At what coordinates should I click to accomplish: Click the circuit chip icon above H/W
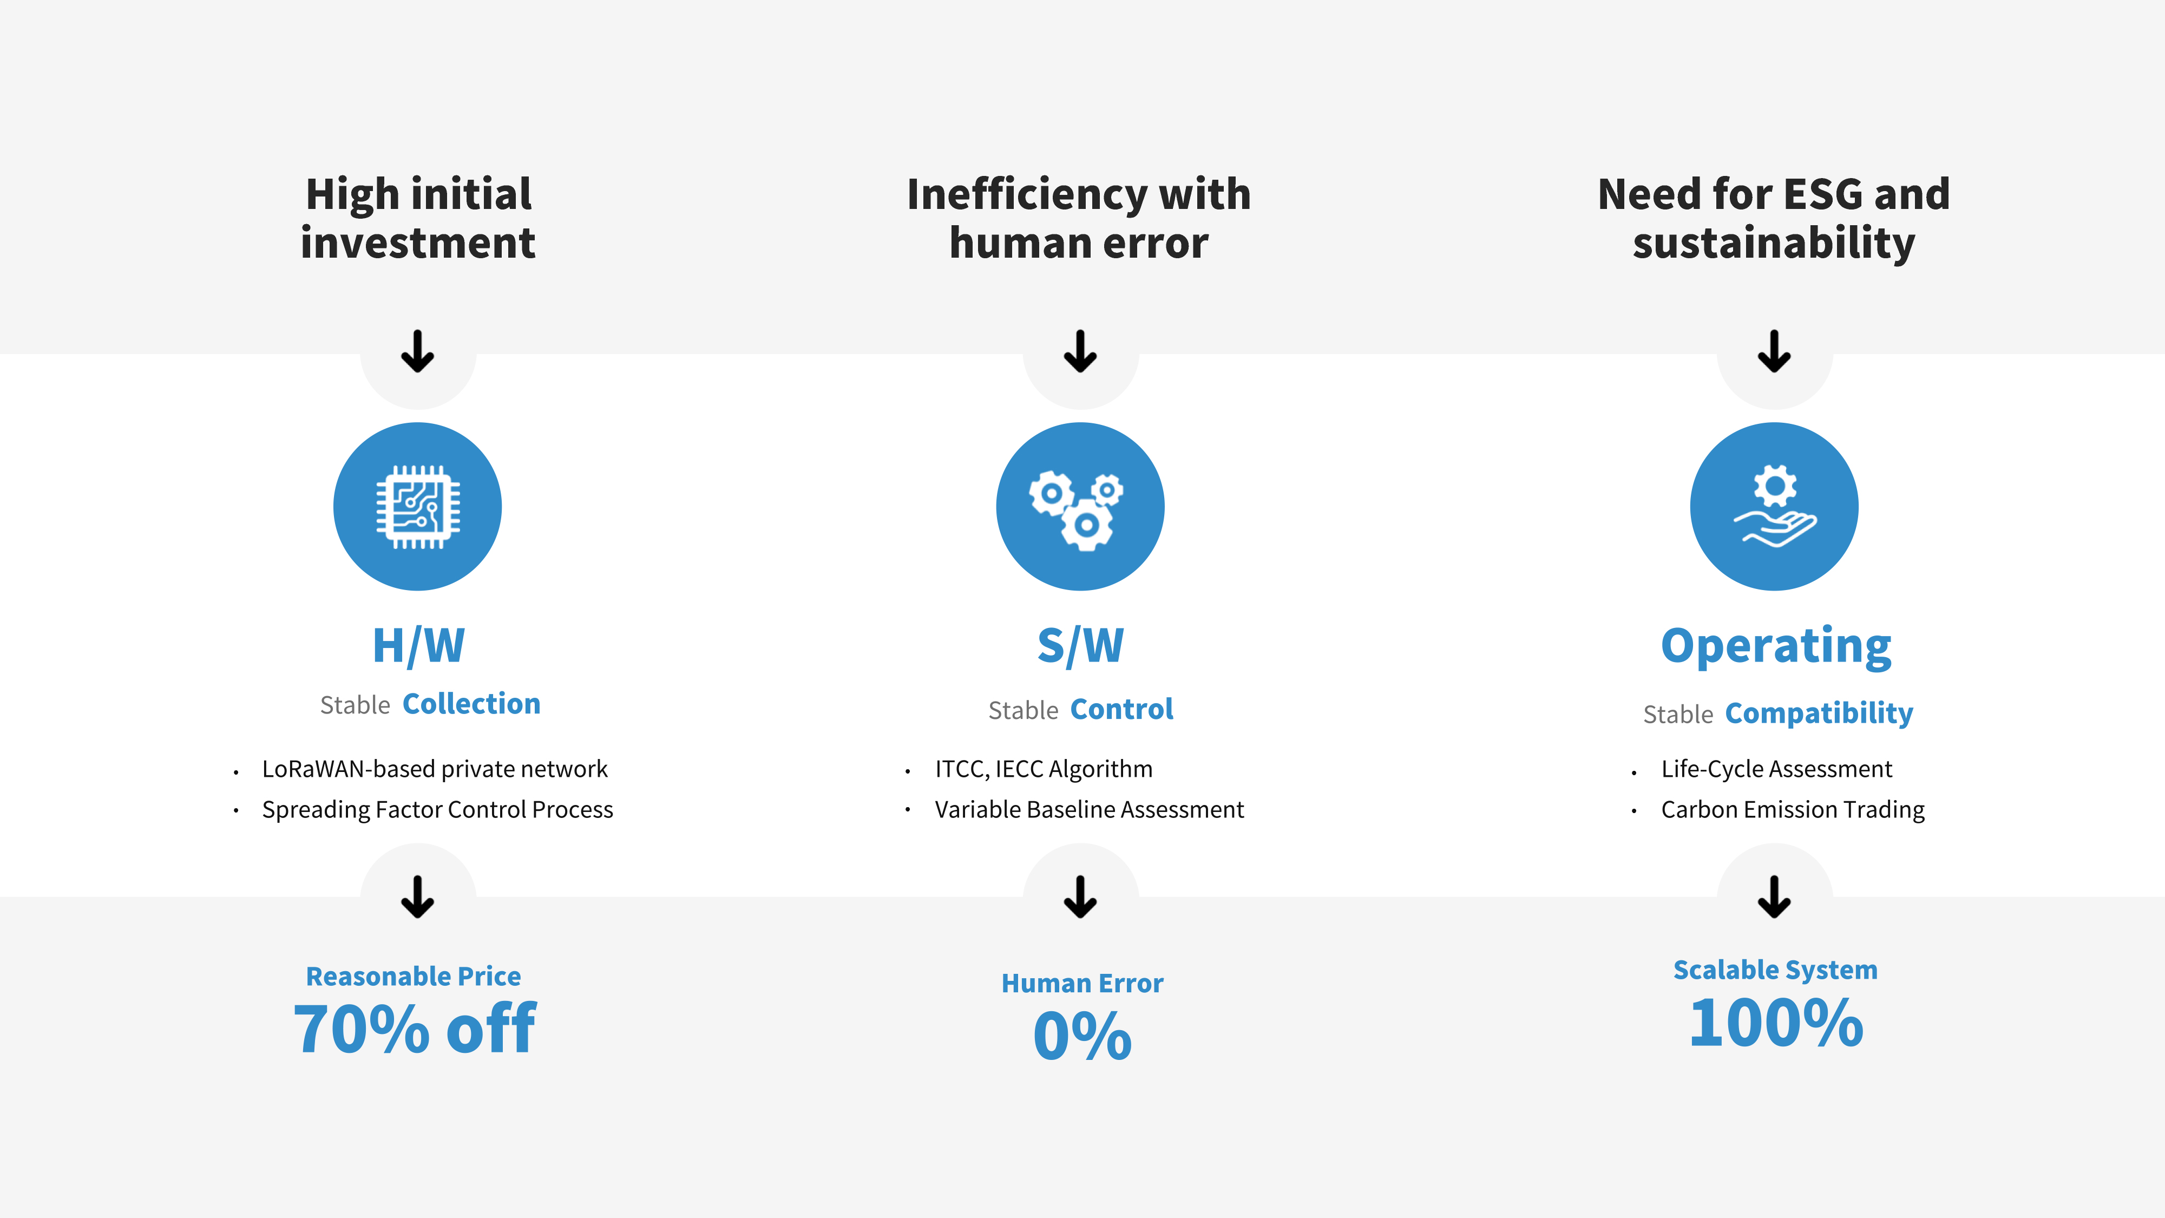(x=418, y=507)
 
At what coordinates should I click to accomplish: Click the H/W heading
(x=418, y=646)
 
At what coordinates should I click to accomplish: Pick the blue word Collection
(x=471, y=704)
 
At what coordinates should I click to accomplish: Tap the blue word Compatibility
(x=1819, y=713)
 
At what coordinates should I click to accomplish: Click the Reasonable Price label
(x=414, y=977)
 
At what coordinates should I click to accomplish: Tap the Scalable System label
(x=1775, y=970)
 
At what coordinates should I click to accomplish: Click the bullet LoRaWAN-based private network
(x=435, y=769)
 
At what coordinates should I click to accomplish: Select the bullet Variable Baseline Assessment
(x=1089, y=809)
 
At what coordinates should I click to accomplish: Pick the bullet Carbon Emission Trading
(x=1793, y=809)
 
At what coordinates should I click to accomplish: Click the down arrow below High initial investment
(x=418, y=351)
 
